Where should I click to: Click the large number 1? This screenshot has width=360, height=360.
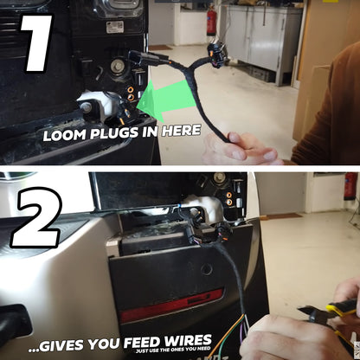coord(36,43)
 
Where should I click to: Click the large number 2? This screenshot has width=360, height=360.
coord(36,218)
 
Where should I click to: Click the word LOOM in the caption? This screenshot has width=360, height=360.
coord(65,135)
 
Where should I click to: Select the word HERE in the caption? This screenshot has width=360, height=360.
coord(181,131)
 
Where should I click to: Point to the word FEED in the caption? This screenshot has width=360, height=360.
coord(143,343)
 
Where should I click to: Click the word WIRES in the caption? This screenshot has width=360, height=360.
coord(188,341)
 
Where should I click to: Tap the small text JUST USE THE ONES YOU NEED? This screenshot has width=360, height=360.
coord(173,350)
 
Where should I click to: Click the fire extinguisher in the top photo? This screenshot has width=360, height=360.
coord(211,20)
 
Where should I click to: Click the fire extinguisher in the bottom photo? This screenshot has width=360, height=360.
coord(351,186)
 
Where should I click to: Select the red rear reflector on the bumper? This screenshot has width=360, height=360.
coord(171,305)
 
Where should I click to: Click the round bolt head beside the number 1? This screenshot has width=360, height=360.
coord(118,66)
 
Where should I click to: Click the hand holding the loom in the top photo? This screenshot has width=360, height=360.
coord(241,149)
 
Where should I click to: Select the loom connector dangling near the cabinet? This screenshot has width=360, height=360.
coord(216,54)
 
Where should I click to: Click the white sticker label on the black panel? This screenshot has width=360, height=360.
coord(115,27)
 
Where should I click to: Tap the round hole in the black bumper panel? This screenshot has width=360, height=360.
coord(206,269)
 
